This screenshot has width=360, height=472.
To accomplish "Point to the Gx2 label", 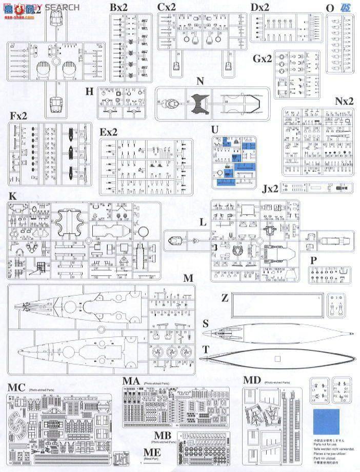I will (x=262, y=58).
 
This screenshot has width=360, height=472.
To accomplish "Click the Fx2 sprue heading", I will (x=18, y=116).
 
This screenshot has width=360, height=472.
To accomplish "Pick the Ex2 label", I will (x=109, y=132).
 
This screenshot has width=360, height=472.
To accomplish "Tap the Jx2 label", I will (x=270, y=189).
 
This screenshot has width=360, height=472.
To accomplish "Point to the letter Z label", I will (x=225, y=298).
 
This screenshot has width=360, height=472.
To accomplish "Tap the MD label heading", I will (x=252, y=381).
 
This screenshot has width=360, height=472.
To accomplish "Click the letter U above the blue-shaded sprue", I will (x=215, y=129).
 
